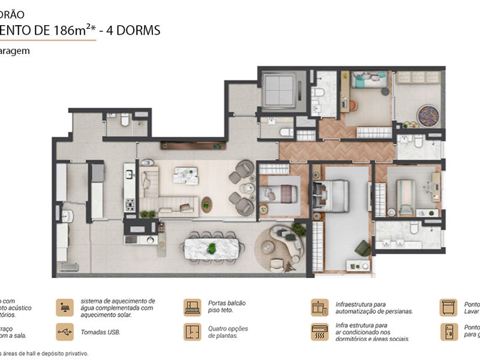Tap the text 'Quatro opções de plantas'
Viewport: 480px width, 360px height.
pos(229,332)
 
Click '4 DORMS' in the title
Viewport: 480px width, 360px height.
pos(133,30)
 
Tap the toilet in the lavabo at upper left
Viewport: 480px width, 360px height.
pos(125,121)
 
